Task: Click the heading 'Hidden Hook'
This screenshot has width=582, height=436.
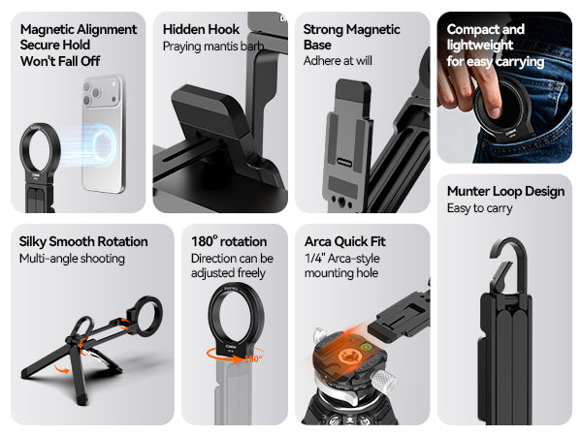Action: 201,29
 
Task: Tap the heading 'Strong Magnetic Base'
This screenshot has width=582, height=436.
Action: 351,37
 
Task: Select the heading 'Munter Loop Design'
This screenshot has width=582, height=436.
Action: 505,191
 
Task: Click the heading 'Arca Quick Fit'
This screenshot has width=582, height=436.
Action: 344,241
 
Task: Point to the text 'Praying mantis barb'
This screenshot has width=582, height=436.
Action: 213,47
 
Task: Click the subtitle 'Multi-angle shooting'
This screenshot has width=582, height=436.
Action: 72,259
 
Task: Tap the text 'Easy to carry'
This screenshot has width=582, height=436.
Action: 479,208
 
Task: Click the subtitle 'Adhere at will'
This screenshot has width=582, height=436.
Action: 338,61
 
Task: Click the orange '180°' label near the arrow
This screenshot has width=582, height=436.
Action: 253,358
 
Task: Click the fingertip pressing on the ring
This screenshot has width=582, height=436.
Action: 495,109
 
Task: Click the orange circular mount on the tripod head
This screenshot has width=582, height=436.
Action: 349,357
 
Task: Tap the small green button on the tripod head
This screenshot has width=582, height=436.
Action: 366,348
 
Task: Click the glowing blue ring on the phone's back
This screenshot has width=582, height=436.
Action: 105,145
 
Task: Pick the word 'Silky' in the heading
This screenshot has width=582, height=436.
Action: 33,241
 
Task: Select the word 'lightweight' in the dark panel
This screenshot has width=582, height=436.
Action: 479,46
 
